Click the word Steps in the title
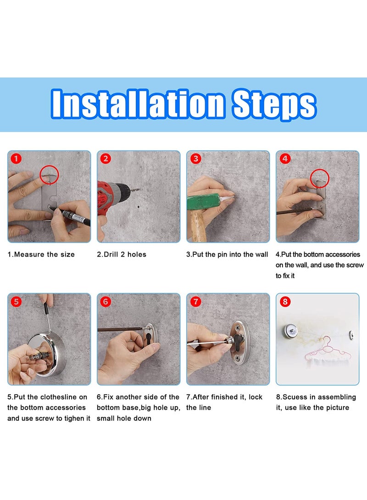coord(274,104)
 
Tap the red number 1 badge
coord(16,159)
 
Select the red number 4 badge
coord(285,159)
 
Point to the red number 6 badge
coord(106,302)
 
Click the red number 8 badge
coord(285,302)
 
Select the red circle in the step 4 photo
coord(321,177)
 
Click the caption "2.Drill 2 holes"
coord(122,254)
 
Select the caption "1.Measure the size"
coord(41,254)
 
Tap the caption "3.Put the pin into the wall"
coord(227,254)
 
